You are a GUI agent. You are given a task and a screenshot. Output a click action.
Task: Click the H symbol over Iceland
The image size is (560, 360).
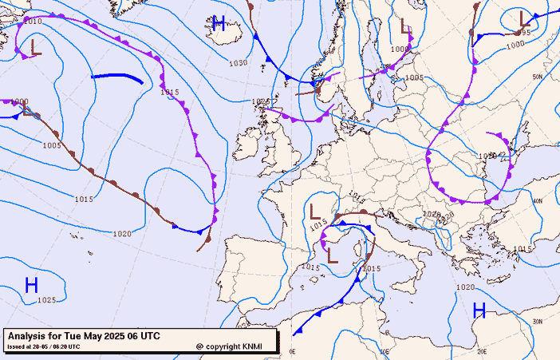(x=219, y=23)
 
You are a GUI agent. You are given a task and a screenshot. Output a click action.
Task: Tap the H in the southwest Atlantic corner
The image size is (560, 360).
(x=31, y=285)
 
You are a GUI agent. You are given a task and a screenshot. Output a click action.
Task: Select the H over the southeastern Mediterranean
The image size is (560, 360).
(x=479, y=311)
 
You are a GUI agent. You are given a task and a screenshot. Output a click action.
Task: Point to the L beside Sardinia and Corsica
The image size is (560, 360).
(x=333, y=255)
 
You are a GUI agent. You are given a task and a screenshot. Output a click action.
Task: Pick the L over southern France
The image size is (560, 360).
(x=315, y=212)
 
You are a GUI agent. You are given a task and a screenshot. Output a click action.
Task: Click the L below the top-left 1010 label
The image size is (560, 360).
(x=34, y=48)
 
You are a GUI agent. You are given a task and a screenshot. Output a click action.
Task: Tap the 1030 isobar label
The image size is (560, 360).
(x=238, y=63)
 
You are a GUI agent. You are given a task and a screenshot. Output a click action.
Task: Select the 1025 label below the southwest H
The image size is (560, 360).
(x=46, y=300)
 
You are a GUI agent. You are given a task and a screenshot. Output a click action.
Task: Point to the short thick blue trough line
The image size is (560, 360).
(x=117, y=77)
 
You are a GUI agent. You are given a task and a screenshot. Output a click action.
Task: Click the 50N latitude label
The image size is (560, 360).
(x=537, y=77)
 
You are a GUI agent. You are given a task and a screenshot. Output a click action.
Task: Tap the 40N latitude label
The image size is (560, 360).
(x=537, y=201)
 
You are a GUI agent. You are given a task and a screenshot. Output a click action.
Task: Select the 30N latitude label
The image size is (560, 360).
(x=537, y=321)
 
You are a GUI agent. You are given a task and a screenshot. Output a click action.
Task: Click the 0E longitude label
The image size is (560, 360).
(x=292, y=351)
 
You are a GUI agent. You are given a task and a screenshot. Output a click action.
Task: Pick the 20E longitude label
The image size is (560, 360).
(x=481, y=350)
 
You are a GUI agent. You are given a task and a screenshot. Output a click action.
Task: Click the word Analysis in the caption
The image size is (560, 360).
(x=30, y=336)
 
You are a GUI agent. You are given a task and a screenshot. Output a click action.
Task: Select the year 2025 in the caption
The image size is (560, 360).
(x=116, y=336)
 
